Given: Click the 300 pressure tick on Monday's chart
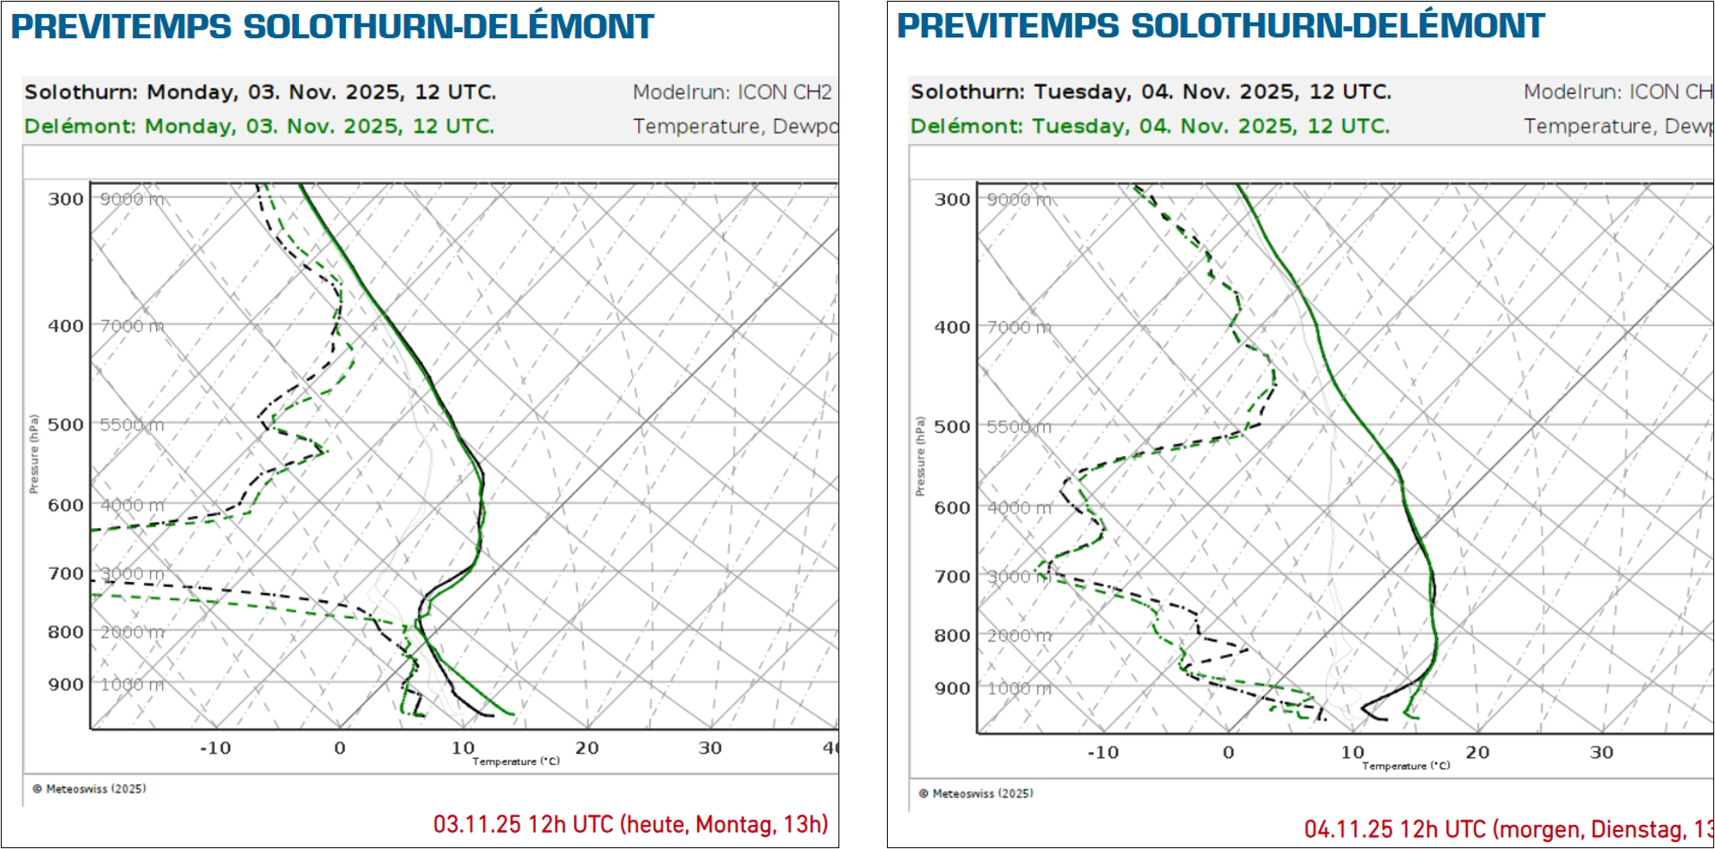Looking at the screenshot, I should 66,199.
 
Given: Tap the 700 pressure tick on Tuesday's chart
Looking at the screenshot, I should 952,576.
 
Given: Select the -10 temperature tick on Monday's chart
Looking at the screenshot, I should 215,748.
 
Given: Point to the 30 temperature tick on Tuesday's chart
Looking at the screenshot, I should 1601,753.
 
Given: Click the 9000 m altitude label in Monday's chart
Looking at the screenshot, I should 132,199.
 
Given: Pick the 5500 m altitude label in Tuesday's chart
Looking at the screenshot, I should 1019,427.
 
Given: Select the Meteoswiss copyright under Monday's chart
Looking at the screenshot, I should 89,788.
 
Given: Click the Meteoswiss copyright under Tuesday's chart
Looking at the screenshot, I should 976,793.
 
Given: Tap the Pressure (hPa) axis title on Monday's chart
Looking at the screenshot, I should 34,454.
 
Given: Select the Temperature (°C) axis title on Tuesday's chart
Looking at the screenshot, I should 1405,766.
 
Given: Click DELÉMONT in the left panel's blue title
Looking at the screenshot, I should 558,26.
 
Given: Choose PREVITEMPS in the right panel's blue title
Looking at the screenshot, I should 1008,26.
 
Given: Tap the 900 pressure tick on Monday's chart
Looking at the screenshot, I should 66,684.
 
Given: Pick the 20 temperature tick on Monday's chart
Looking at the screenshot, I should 587,748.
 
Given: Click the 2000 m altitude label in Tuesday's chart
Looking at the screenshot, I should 1019,636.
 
